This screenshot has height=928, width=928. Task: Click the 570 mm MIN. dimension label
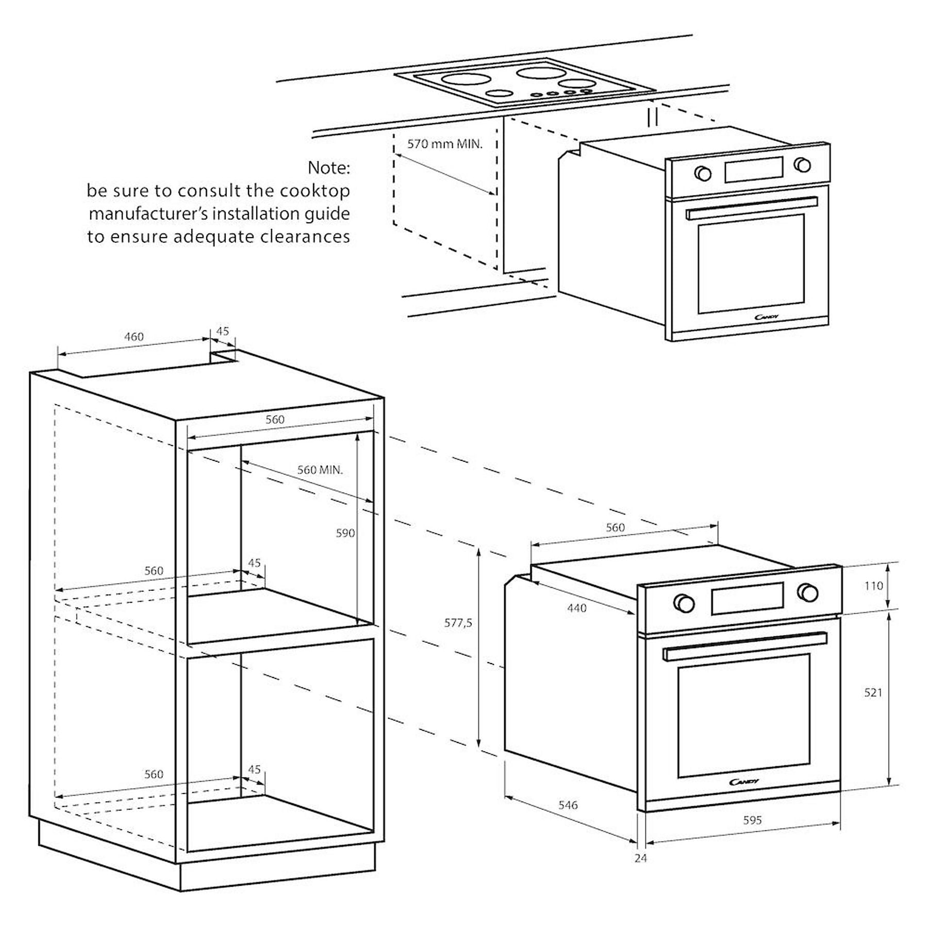[x=445, y=144]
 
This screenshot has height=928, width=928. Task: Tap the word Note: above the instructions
[x=328, y=168]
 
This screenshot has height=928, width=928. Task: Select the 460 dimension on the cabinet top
[x=134, y=337]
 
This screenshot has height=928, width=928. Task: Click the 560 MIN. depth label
[x=320, y=470]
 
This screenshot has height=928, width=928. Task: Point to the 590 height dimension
[x=345, y=533]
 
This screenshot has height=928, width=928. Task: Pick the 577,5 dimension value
[x=458, y=623]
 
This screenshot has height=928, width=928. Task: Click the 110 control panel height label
[x=873, y=586]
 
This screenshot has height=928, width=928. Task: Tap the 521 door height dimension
[x=873, y=692]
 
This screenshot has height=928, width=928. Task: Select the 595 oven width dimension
[x=752, y=820]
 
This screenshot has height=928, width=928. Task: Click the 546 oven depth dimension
[x=568, y=805]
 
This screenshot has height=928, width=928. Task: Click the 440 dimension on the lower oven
[x=576, y=608]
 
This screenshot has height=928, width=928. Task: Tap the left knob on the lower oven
[x=684, y=602]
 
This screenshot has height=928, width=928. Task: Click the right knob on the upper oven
[x=802, y=165]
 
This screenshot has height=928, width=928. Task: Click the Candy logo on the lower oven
[x=744, y=782]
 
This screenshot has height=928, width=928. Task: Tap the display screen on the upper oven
[x=753, y=169]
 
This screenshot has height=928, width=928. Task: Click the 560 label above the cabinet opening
[x=275, y=420]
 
